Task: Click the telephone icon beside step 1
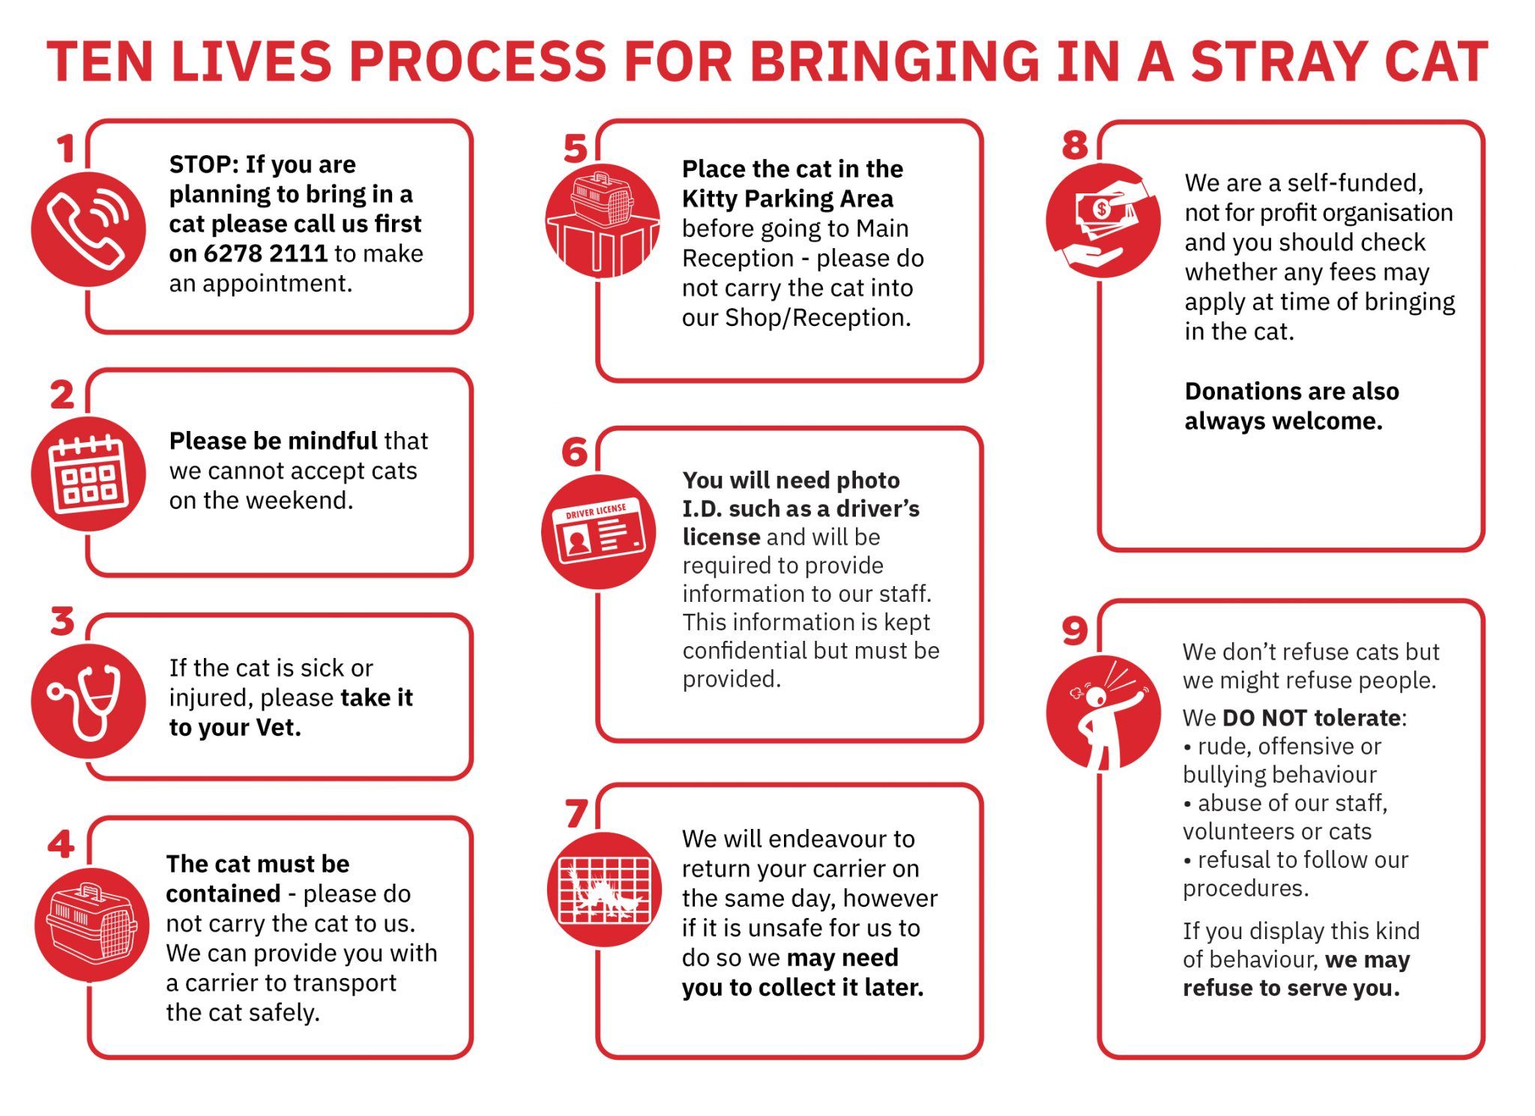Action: pyautogui.click(x=88, y=229)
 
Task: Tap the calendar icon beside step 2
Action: pyautogui.click(x=88, y=474)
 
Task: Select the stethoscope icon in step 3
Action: pyautogui.click(x=88, y=701)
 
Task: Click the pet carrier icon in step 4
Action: pyautogui.click(x=92, y=924)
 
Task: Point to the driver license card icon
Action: pyautogui.click(x=599, y=531)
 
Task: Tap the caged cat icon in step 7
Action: pyautogui.click(x=605, y=889)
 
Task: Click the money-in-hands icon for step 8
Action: pyautogui.click(x=1103, y=220)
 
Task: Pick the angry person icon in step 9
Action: pyautogui.click(x=1103, y=712)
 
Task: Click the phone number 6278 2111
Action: pyautogui.click(x=265, y=253)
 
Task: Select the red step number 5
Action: pyautogui.click(x=575, y=148)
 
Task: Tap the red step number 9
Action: pyautogui.click(x=1074, y=630)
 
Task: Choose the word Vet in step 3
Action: pyautogui.click(x=278, y=727)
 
